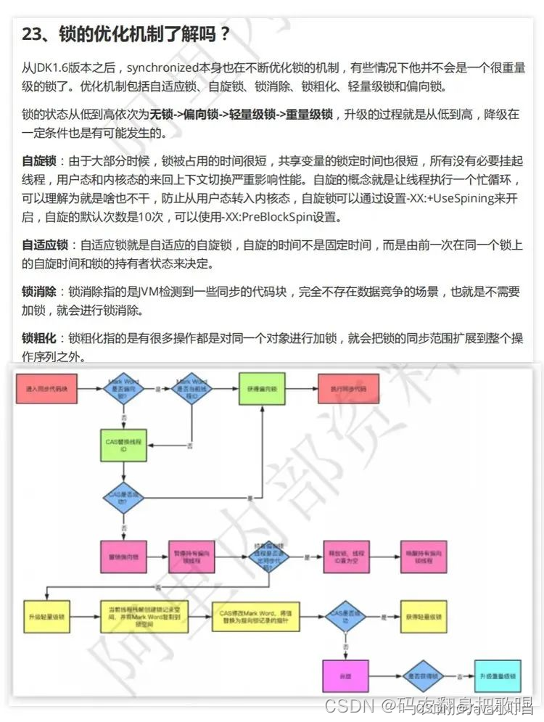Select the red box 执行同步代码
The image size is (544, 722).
(348, 389)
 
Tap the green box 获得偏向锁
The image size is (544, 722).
(262, 389)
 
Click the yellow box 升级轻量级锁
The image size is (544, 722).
(46, 617)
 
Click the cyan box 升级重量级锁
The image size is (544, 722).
(498, 676)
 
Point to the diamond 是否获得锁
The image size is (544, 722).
(424, 676)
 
